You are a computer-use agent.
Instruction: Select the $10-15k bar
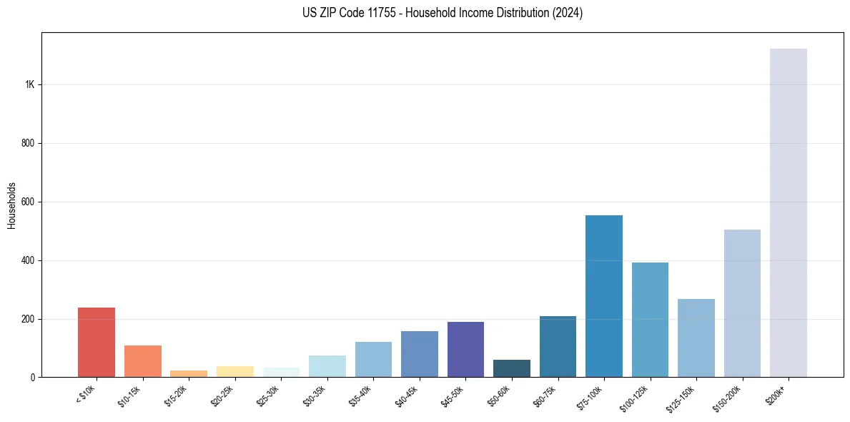(143, 361)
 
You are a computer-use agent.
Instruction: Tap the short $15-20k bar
(189, 373)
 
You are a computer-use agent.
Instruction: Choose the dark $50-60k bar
(512, 368)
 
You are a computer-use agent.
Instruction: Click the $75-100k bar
(604, 296)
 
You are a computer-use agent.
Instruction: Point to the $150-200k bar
(742, 303)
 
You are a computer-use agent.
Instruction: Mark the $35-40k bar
(373, 359)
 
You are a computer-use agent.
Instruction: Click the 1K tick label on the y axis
(29, 84)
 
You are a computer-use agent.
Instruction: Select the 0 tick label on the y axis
(32, 377)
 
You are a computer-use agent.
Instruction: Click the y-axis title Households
(11, 205)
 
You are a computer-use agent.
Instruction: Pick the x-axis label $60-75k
(545, 396)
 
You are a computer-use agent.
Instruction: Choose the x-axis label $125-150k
(682, 398)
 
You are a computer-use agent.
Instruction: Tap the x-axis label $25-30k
(269, 396)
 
